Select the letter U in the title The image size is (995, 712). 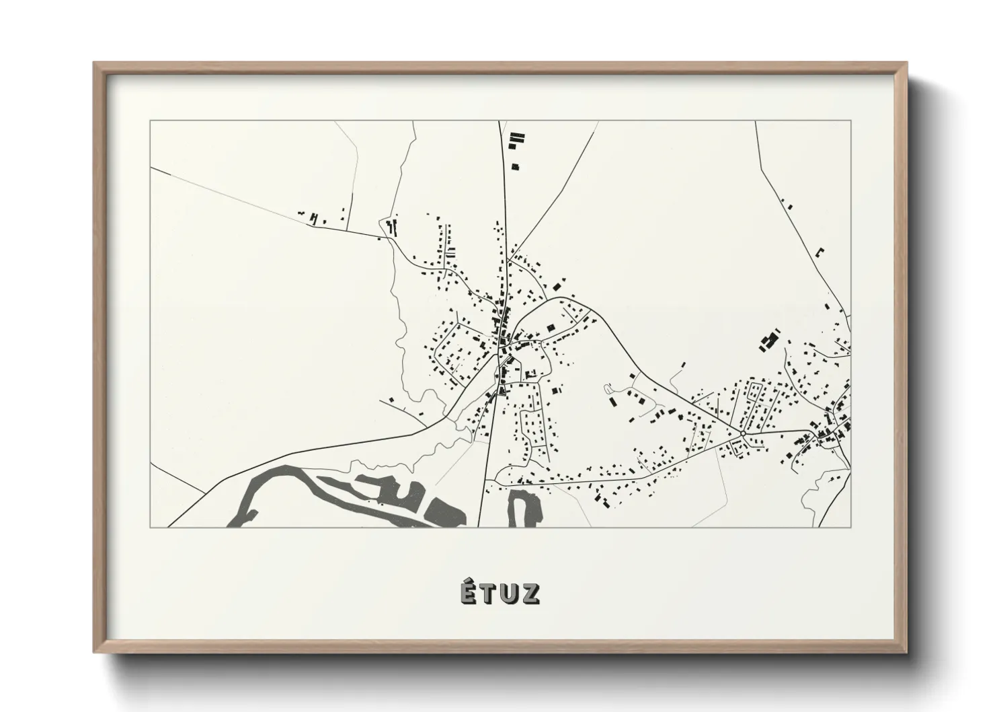coord(510,594)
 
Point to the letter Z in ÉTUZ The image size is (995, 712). coord(530,594)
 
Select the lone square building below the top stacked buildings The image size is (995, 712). coord(516,166)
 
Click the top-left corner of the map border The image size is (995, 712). coord(150,121)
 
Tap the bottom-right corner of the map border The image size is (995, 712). coord(851,527)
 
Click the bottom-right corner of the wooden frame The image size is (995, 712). coord(907,653)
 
